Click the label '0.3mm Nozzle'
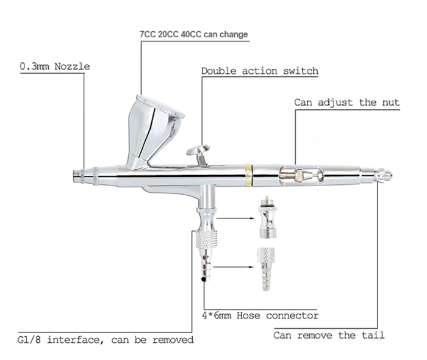coord(55,66)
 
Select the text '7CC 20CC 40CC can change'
coord(193,34)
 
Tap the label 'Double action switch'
coord(259,71)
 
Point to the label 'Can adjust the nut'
coord(347,103)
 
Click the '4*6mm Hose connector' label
coord(260,315)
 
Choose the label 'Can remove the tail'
coord(329,335)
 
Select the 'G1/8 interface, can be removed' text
coord(106,340)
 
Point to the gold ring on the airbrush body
coord(248,175)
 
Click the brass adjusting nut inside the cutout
coord(300,175)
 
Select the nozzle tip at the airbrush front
coord(78,176)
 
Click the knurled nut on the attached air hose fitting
coord(206,239)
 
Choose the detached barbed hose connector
coord(265,269)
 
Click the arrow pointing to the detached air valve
coord(235,218)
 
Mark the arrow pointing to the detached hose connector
coord(234,267)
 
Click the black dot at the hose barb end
coord(203,279)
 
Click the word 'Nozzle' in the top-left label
coord(72,66)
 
